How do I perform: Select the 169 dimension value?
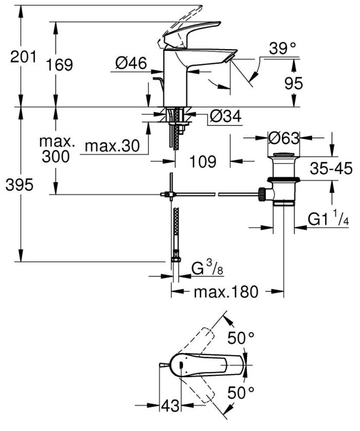[x=60, y=65]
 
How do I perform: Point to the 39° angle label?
[x=283, y=49]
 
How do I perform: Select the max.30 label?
[x=112, y=146]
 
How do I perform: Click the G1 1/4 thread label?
[x=329, y=219]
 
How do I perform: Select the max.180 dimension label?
[x=225, y=292]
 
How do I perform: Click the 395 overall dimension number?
[x=19, y=185]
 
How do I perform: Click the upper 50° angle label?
[x=241, y=338]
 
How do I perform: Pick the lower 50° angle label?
[x=241, y=393]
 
